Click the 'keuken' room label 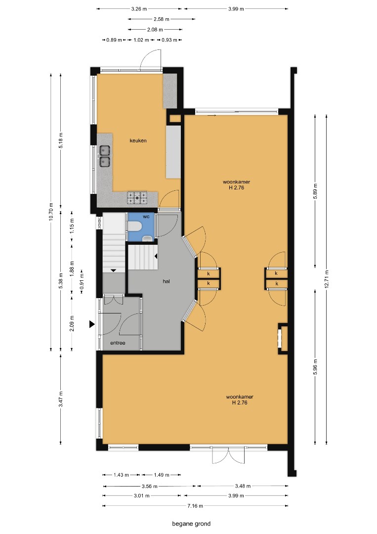click(138, 140)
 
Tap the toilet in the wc click(135, 226)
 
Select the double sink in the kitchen click(104, 156)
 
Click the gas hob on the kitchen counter click(137, 198)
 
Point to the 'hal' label click(167, 281)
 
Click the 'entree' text click(118, 343)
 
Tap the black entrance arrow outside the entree click(92, 324)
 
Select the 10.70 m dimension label click(51, 212)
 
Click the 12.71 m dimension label click(327, 279)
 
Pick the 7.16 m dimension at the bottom click(195, 506)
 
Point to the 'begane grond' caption click(191, 524)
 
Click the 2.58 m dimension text click(161, 19)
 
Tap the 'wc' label click(146, 217)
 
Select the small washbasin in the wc click(147, 238)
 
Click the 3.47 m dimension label click(61, 399)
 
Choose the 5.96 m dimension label click(315, 367)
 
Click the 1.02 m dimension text click(141, 40)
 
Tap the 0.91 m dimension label click(82, 281)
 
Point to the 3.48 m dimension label click(243, 486)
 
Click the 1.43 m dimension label click(121, 475)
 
